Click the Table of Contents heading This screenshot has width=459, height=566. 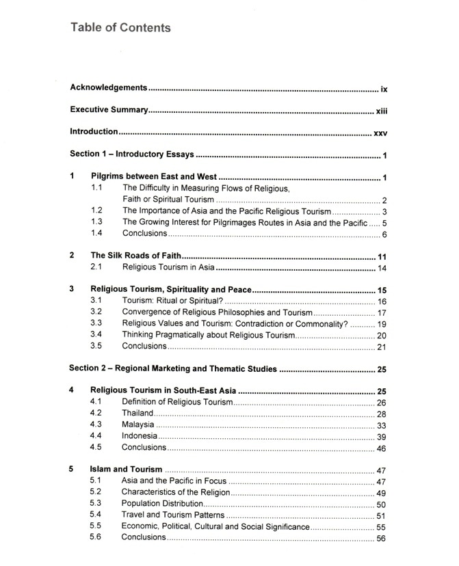pos(120,28)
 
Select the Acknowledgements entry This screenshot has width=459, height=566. pos(109,88)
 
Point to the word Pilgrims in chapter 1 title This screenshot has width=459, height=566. pos(108,177)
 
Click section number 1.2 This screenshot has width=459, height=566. pos(96,211)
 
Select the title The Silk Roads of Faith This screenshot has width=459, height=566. pos(136,256)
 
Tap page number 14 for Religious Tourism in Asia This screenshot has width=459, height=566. pos(382,267)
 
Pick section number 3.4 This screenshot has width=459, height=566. pos(96,334)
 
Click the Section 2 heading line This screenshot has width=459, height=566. pos(173,368)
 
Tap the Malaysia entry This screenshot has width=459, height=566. pos(138,424)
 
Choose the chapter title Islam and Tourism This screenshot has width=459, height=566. pos(126,470)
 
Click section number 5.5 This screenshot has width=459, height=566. pos(96,526)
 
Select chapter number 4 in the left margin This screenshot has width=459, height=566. pos(72,390)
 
